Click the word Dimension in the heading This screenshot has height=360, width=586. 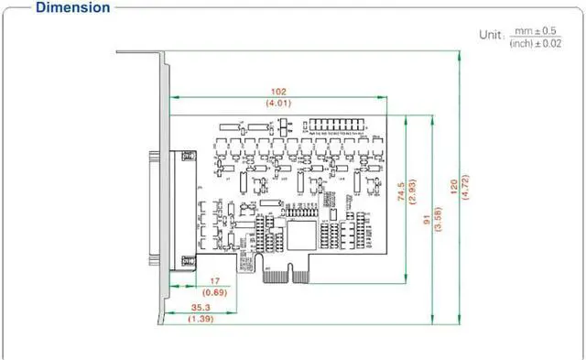click(x=73, y=8)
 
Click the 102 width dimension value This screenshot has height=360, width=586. click(x=277, y=92)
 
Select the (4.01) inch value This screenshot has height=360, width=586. click(x=277, y=104)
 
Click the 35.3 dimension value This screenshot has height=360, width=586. click(x=201, y=307)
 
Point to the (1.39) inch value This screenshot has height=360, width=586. click(x=201, y=319)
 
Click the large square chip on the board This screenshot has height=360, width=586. click(x=303, y=235)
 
